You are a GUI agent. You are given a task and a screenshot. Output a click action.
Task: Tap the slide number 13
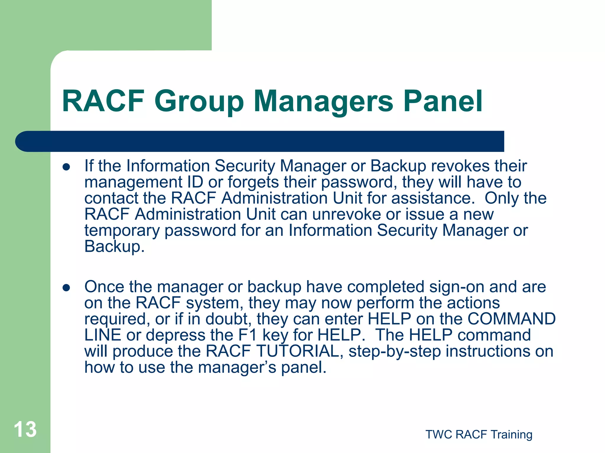point(25,429)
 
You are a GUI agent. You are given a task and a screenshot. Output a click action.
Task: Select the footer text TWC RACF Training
point(479,434)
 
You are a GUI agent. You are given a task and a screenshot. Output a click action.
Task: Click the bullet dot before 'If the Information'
point(66,167)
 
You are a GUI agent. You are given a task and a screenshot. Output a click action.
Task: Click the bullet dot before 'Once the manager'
point(66,288)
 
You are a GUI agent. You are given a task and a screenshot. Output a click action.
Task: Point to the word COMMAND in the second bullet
point(511,319)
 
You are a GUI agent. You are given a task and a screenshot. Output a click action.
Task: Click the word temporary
point(122,230)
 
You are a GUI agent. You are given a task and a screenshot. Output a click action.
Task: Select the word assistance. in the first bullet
point(433,198)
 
